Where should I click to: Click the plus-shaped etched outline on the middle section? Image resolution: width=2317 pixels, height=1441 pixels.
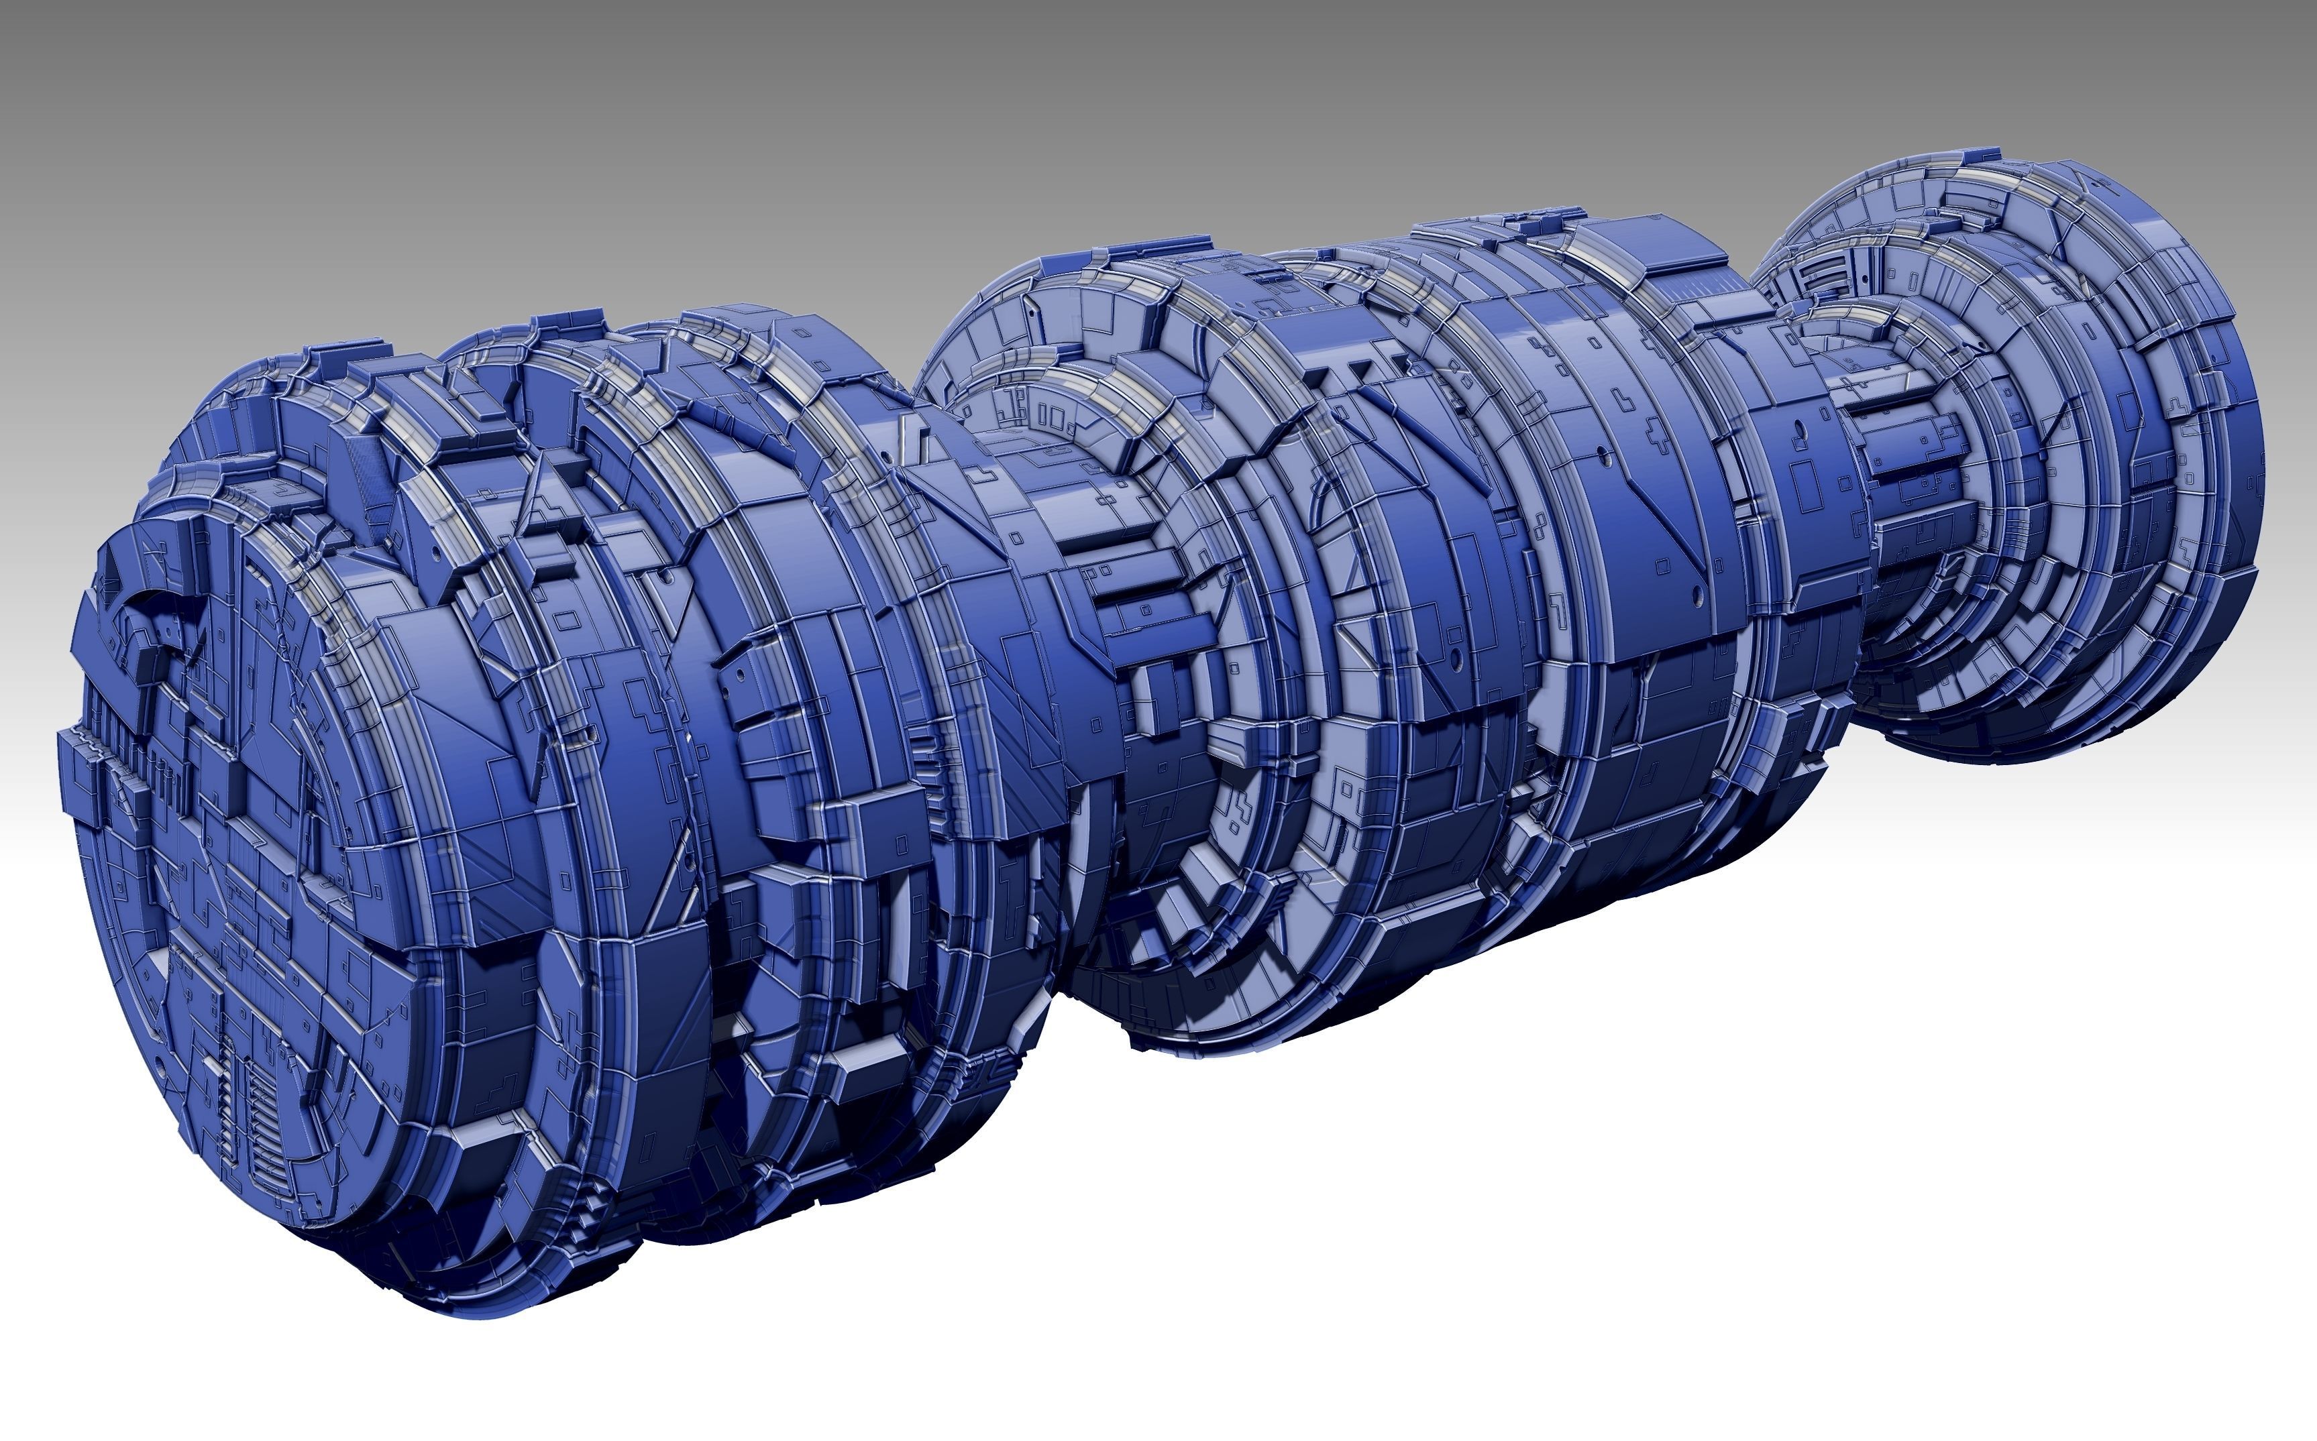[x=1240, y=810]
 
